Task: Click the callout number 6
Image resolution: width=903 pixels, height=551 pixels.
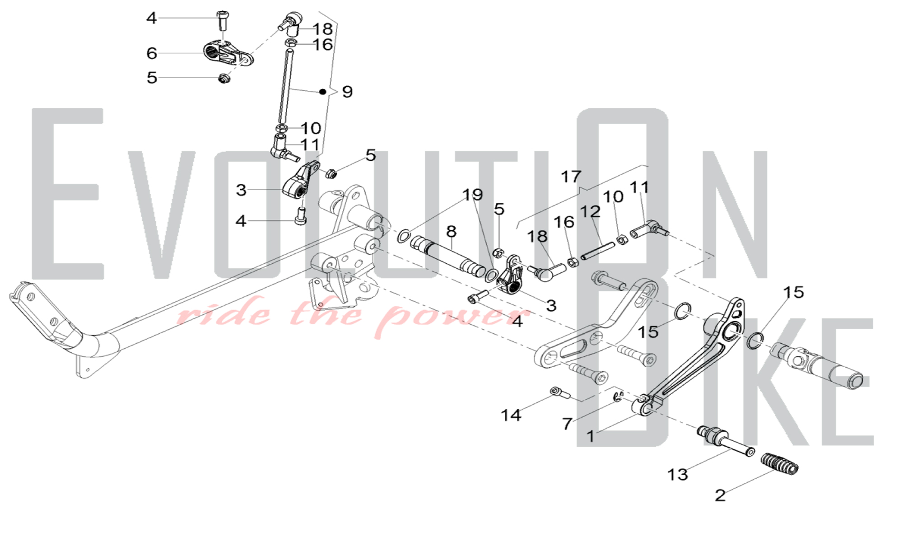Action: click(x=152, y=53)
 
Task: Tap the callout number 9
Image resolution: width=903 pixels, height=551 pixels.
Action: click(x=347, y=92)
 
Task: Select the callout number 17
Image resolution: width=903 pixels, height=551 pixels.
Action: click(x=571, y=176)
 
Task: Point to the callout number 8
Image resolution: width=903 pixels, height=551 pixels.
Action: click(x=451, y=231)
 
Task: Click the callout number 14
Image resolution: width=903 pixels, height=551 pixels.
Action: click(x=511, y=415)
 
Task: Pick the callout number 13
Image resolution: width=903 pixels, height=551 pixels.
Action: click(x=678, y=474)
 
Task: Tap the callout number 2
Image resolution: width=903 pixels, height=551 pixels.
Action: click(x=720, y=495)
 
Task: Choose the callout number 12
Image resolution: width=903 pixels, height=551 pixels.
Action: click(x=591, y=211)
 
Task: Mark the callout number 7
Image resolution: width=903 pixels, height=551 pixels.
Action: click(x=568, y=424)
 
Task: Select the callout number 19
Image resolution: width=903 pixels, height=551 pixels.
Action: click(x=473, y=195)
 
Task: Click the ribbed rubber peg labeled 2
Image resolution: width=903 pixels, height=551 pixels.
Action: click(x=780, y=464)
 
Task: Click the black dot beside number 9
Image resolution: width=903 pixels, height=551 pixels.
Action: click(x=322, y=92)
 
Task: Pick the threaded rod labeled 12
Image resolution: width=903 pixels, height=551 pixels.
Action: click(x=598, y=251)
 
